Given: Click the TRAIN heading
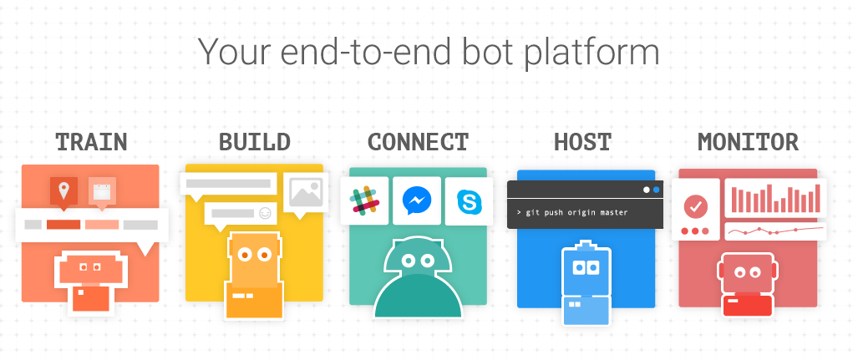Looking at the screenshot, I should [x=91, y=141].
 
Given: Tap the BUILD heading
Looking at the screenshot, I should [x=254, y=141].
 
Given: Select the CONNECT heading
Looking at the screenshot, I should [x=418, y=141].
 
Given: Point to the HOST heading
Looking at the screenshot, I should [x=582, y=141].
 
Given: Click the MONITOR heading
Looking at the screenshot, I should [x=748, y=141].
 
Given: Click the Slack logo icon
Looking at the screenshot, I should [x=364, y=201].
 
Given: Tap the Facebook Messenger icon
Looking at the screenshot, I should [x=416, y=201].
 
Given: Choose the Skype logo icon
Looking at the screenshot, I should [x=468, y=201].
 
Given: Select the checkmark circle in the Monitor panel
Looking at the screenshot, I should [x=695, y=205].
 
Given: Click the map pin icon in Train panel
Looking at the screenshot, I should [x=63, y=191].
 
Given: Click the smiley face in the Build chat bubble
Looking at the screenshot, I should [x=266, y=213].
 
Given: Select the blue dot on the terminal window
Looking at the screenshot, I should [x=656, y=190].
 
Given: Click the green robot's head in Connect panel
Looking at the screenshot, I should [x=418, y=260].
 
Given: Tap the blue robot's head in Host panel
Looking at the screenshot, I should [x=585, y=266].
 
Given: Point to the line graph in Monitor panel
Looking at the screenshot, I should [x=774, y=230].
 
